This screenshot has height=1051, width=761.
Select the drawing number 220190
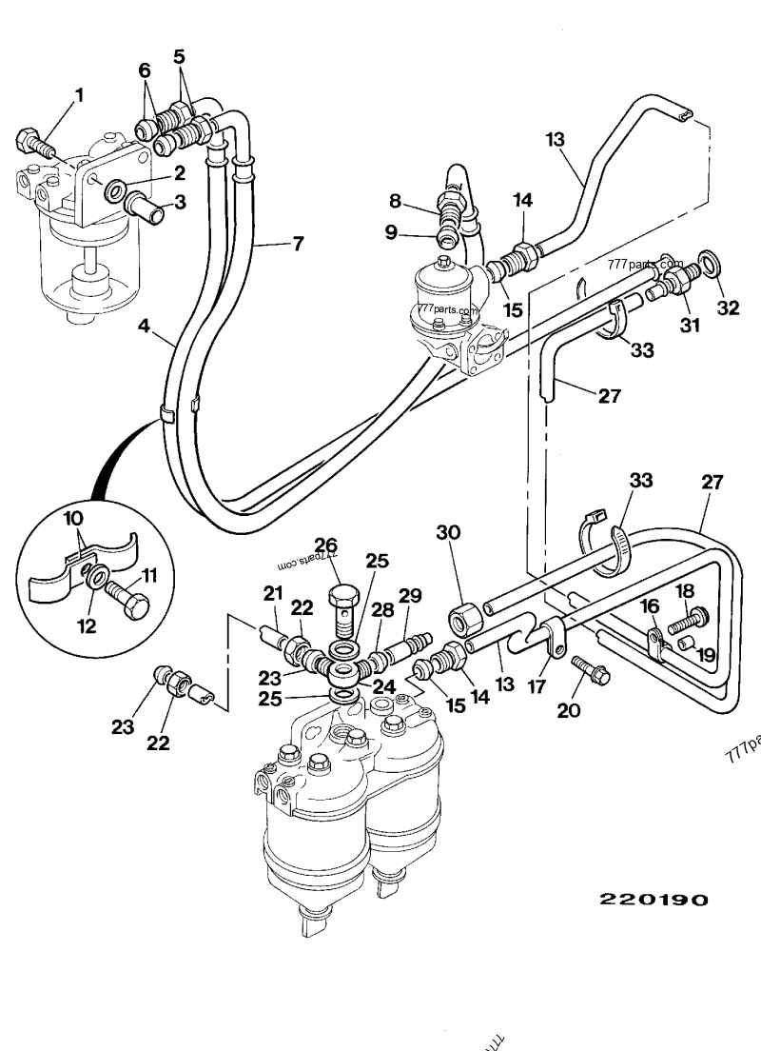[x=654, y=900]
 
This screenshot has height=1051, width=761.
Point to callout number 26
[x=327, y=545]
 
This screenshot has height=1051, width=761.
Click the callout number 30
[x=449, y=532]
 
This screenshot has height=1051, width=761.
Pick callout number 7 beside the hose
[x=297, y=244]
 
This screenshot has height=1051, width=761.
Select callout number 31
[x=690, y=326]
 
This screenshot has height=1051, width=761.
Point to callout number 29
[x=410, y=595]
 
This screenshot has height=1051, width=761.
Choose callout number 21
[x=274, y=595]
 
